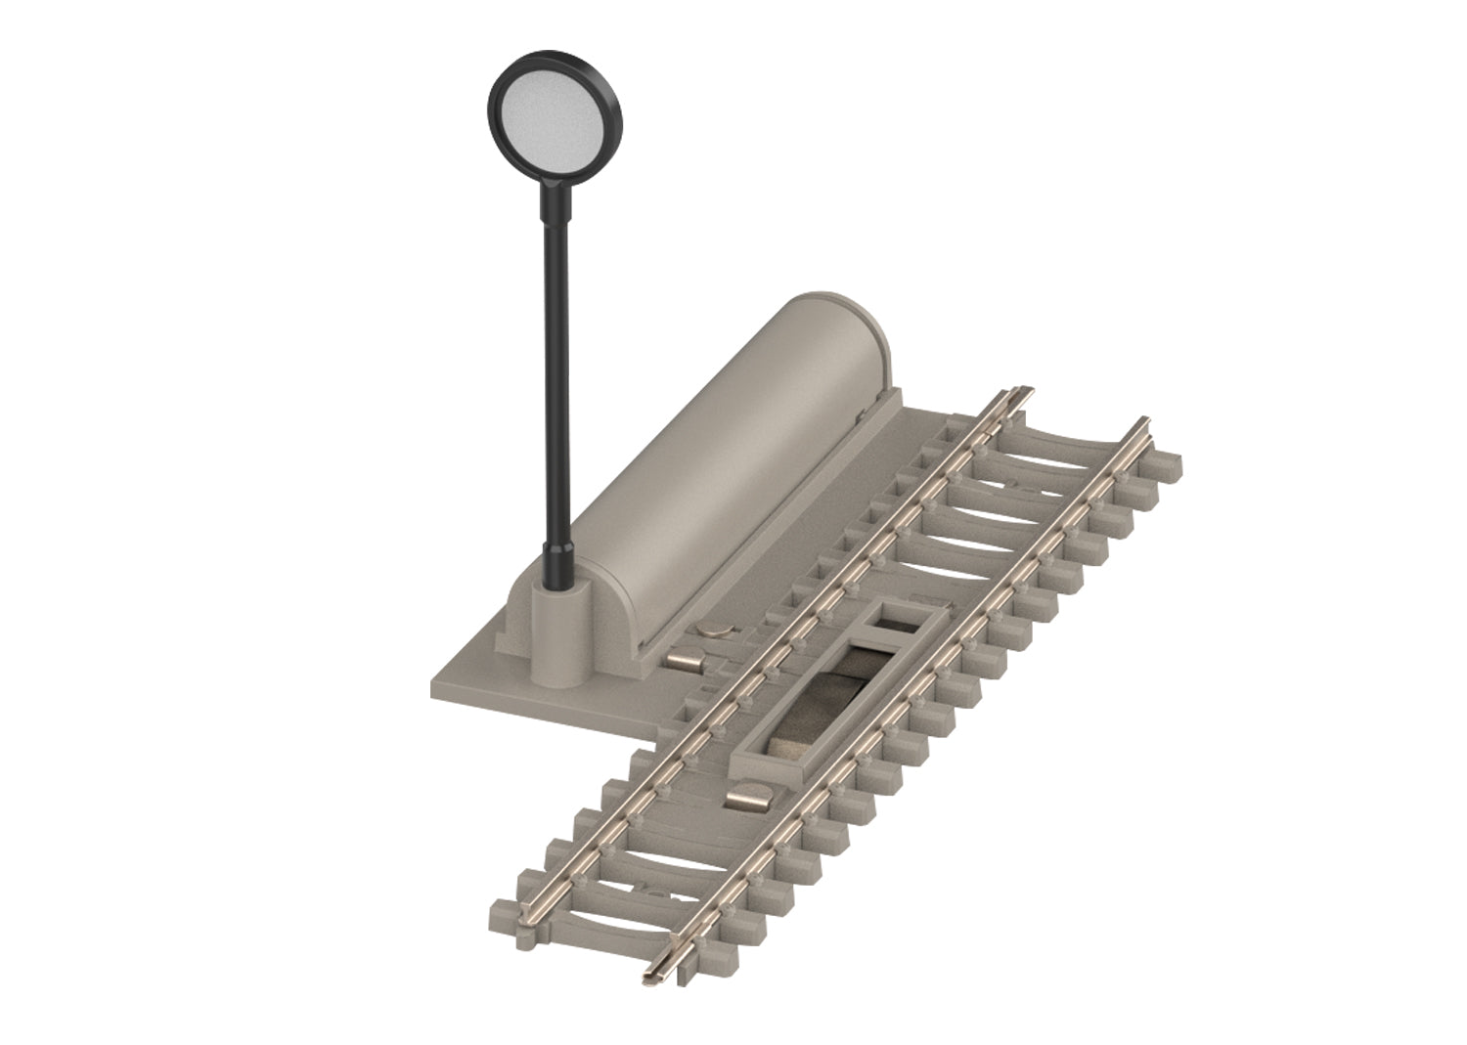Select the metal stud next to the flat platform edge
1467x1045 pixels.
[x=682, y=664]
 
